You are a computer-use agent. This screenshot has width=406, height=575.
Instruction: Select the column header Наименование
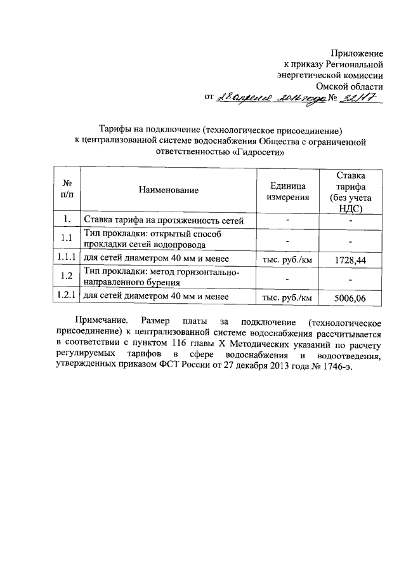tap(167, 189)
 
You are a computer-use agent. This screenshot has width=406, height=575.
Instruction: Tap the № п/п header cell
tap(66, 189)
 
